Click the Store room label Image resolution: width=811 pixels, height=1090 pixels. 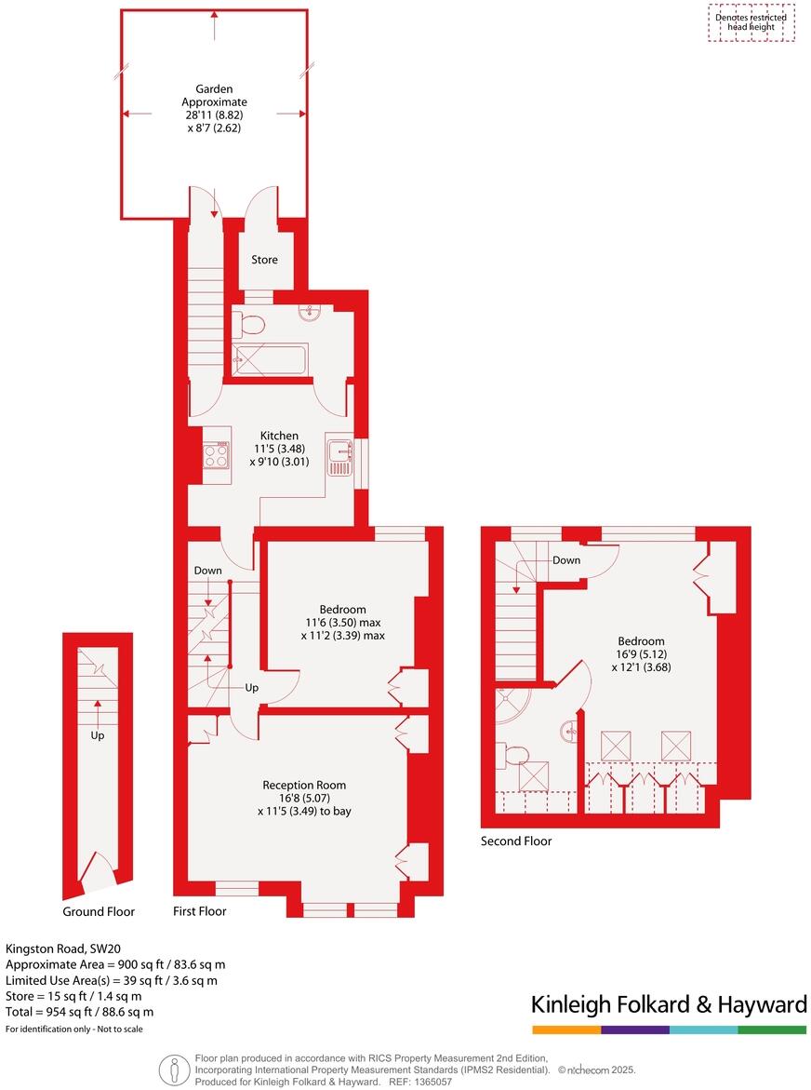point(264,260)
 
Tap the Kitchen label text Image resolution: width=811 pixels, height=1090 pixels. point(279,436)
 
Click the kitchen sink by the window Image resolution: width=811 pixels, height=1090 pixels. point(340,454)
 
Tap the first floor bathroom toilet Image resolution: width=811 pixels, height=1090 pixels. point(250,325)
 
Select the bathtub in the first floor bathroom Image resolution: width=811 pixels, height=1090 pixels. point(270,360)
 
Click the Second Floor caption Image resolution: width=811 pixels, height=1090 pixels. point(515,841)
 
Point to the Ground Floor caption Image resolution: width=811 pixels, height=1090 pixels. point(99,912)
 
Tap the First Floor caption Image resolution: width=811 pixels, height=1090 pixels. point(200,911)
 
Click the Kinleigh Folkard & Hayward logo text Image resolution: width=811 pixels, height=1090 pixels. point(669,1004)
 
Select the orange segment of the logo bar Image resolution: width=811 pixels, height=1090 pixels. point(566,1029)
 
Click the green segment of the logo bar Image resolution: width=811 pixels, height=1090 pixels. point(772,1029)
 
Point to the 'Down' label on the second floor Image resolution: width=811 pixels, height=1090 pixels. point(566,560)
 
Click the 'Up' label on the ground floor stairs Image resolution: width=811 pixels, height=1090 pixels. point(98,735)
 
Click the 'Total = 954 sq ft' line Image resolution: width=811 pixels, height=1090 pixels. point(80,1012)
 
